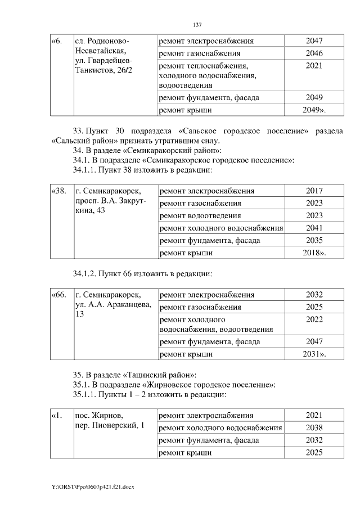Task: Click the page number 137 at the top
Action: click(197, 25)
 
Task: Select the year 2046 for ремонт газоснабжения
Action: click(314, 54)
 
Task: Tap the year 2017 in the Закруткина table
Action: click(314, 191)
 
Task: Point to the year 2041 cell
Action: click(314, 228)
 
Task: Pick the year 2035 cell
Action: click(314, 241)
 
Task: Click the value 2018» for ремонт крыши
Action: click(314, 253)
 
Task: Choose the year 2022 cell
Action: click(314, 319)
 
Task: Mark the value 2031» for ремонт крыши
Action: click(314, 354)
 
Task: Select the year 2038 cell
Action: click(314, 427)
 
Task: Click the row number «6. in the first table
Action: click(57, 42)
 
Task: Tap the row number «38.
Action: click(59, 191)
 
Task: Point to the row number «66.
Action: click(59, 295)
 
